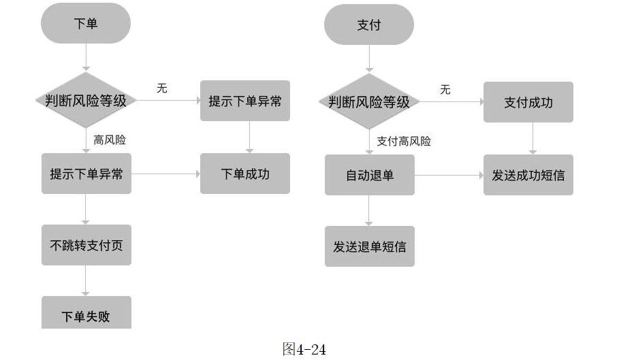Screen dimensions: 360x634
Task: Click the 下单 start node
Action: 86,24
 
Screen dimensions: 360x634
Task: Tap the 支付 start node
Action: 369,25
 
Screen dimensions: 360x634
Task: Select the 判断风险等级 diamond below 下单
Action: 86,101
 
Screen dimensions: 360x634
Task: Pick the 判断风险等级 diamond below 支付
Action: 369,102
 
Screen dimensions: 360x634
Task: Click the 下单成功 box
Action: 245,174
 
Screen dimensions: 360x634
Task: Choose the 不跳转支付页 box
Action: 86,245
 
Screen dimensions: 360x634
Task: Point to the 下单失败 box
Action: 86,314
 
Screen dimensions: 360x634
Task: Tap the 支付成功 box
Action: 528,102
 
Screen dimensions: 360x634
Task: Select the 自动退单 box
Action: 369,175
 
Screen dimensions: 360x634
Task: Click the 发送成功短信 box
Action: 528,175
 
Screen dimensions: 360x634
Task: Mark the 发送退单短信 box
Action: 369,246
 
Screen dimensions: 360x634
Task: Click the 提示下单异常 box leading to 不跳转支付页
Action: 86,174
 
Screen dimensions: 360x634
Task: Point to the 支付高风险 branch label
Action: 404,141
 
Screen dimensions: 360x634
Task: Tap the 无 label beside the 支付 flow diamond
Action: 445,90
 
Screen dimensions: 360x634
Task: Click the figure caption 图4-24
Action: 304,350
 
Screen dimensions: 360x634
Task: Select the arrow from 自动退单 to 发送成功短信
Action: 449,175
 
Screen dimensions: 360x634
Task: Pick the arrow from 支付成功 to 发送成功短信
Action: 533,138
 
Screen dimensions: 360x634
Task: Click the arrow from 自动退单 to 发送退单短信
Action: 369,210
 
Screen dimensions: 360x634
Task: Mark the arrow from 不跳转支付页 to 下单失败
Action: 86,280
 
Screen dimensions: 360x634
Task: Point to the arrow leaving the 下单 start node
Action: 86,56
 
